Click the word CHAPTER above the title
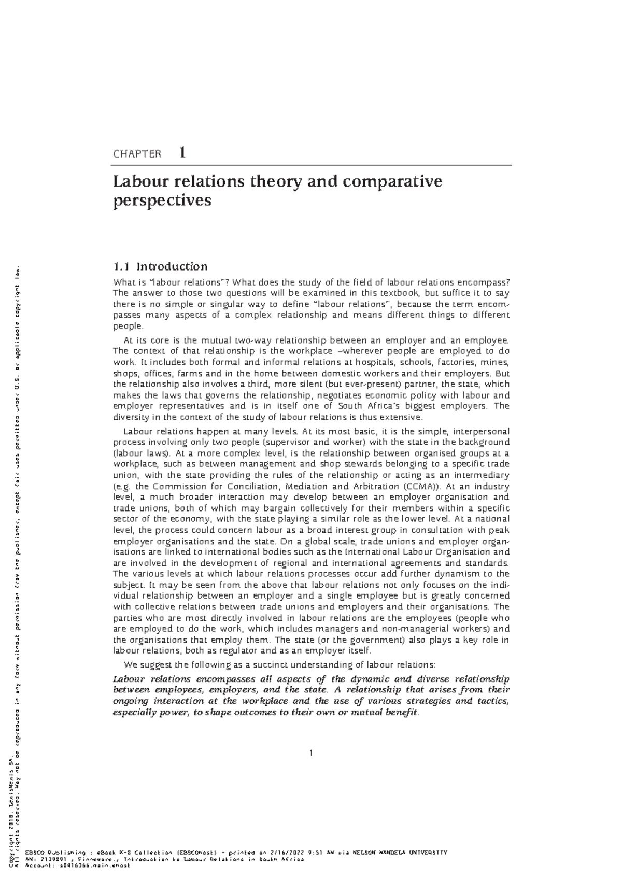tap(137, 154)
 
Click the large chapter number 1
tap(182, 152)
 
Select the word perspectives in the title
tap(162, 201)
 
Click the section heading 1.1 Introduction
tap(160, 267)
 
